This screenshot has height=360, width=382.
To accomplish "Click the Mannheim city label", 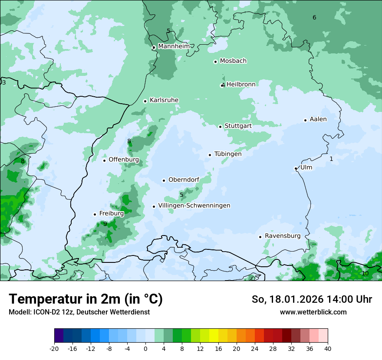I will click(174, 46).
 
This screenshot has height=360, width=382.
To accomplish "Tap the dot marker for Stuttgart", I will click(220, 127).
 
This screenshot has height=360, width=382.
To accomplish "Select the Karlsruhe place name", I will click(164, 100).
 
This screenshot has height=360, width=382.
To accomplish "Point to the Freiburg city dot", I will click(95, 214).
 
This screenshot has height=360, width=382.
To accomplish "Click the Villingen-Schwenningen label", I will click(194, 206).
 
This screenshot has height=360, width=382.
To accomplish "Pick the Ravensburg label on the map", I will click(283, 236).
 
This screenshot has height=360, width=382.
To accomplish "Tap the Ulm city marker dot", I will click(296, 168).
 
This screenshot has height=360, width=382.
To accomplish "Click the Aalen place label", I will click(318, 119).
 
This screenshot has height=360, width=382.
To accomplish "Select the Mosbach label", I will click(233, 61).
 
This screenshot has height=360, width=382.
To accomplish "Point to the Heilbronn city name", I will click(241, 85).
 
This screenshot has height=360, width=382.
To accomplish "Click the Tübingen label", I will click(228, 154).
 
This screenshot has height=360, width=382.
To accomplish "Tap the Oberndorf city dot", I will click(164, 180).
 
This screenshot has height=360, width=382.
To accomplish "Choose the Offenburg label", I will click(124, 160).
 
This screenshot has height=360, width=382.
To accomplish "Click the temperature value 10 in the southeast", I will click(365, 273).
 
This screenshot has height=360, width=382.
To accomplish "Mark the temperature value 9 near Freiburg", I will click(105, 224).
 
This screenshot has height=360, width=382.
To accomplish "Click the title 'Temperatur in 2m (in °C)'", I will click(86, 299).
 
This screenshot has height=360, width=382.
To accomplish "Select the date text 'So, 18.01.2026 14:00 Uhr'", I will click(312, 299).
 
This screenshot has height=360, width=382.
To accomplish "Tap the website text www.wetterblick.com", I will click(313, 312).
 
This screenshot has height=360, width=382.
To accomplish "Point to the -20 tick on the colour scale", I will click(54, 348).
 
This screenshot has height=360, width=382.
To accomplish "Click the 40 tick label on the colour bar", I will click(327, 348).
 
